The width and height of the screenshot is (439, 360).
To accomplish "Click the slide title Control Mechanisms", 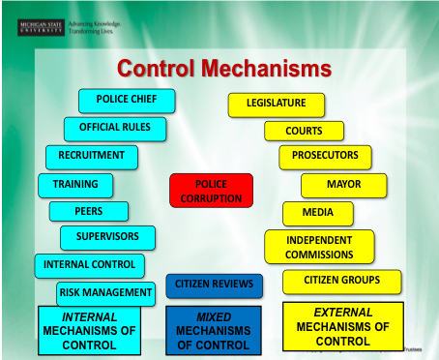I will (x=224, y=69).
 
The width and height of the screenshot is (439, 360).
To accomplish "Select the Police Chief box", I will (x=127, y=100).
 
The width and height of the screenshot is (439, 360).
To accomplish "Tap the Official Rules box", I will (x=115, y=128).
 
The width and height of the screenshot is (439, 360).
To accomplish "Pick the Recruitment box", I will (x=92, y=156).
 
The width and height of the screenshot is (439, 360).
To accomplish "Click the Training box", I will (x=75, y=183).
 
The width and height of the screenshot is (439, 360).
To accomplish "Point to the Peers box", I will (x=89, y=210).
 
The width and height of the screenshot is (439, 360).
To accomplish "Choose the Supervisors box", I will (x=107, y=237).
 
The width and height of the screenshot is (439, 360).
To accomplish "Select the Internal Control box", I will (x=90, y=264).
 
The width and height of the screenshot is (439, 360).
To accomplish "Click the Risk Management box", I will (x=105, y=291).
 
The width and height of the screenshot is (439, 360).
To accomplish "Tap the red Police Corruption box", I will (x=211, y=190).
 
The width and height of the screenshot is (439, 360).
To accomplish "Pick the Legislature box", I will (x=277, y=103).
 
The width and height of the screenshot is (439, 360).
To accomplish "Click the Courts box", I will (x=305, y=130).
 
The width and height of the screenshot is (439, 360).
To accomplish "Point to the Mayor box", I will (x=344, y=184).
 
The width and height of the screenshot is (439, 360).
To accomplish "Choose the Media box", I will (x=318, y=213).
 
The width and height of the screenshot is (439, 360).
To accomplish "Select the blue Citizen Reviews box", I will (x=215, y=285).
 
